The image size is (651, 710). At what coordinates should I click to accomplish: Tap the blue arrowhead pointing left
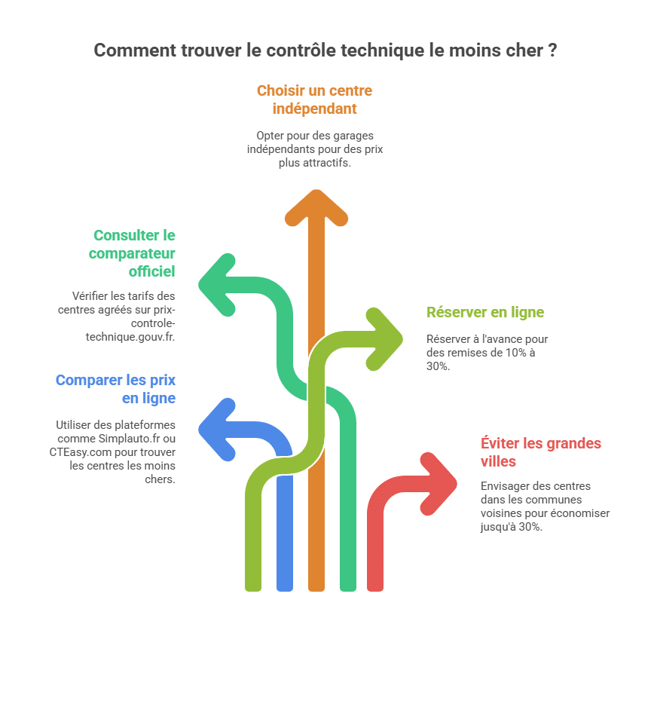pos(217,430)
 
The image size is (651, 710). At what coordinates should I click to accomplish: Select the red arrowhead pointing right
pos(439,484)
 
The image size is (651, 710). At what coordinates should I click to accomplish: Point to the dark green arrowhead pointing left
pos(217,285)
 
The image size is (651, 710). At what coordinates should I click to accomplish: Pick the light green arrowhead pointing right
pos(384,339)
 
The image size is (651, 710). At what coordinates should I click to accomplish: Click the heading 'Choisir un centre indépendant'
pos(315,99)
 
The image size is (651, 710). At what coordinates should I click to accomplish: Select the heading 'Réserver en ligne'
pos(484,312)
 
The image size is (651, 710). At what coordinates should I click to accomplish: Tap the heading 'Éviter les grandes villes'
pos(540,452)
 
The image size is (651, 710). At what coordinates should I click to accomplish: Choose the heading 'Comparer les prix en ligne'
pos(115,389)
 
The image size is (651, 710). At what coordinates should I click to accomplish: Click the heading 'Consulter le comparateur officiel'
pos(132,253)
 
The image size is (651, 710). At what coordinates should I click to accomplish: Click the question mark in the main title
pos(552,50)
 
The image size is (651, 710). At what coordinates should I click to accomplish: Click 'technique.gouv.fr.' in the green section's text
pos(130,337)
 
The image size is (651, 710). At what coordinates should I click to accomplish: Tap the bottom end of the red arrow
pos(374,590)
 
